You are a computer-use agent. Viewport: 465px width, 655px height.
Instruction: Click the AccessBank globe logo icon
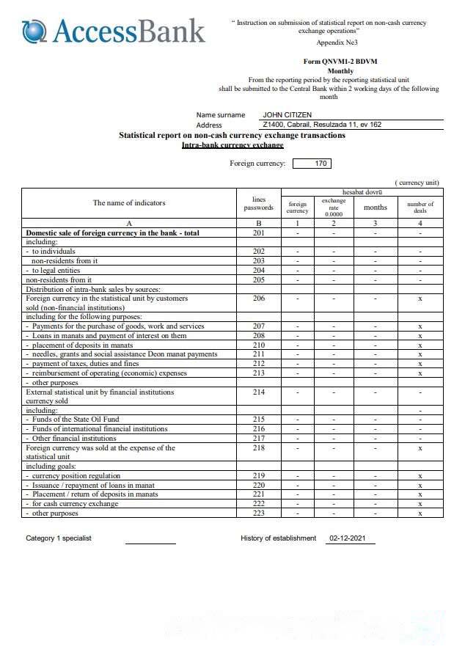point(34,31)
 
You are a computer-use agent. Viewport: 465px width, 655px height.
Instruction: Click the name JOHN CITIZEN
point(288,115)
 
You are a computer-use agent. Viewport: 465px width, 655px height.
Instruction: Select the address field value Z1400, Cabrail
point(322,125)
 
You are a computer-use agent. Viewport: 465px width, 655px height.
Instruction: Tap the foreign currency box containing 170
point(321,164)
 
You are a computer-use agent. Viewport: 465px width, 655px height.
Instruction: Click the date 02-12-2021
point(348,538)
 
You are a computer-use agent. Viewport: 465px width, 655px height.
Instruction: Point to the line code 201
point(258,233)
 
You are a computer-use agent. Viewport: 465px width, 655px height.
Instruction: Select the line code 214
point(258,392)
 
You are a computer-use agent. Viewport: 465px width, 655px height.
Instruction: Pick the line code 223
point(258,513)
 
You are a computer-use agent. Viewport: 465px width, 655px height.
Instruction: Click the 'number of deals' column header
point(420,207)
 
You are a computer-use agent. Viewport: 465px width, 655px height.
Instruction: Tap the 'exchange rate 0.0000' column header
point(334,207)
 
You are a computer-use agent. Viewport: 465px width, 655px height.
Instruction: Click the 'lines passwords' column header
point(258,203)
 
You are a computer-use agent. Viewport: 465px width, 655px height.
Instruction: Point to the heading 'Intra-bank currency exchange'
point(232,145)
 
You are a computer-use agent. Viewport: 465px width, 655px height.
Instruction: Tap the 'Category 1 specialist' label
point(59,538)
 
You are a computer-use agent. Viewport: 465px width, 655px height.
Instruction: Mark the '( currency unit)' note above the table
point(417,182)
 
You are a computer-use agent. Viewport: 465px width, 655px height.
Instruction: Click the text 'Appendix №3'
point(337,43)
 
